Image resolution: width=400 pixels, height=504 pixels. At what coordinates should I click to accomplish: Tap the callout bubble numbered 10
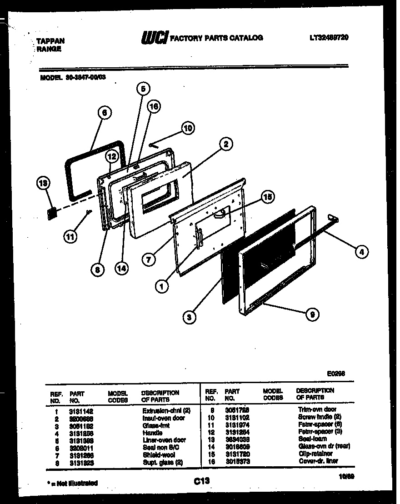(187, 128)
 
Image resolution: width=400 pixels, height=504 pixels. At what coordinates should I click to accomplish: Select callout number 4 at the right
(361, 251)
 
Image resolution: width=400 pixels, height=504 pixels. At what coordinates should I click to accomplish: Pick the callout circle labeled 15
(268, 197)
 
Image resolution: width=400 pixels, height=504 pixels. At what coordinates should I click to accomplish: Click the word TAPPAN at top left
(50, 41)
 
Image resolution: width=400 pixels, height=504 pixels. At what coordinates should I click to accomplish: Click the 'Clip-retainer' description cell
(315, 454)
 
